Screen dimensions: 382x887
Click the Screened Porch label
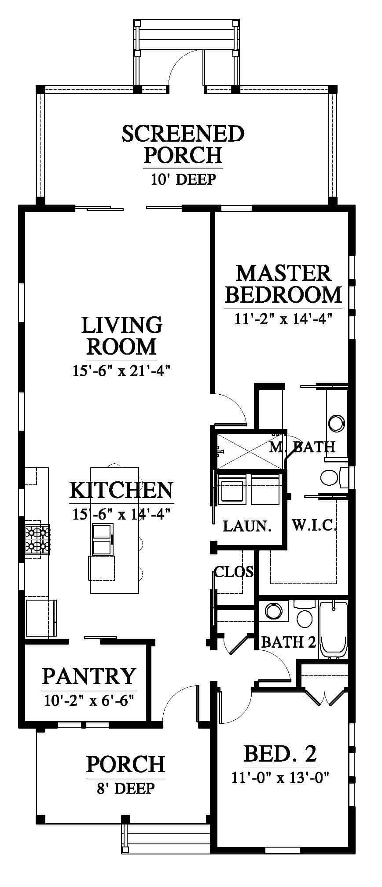tap(183, 144)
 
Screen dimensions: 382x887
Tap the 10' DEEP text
tap(183, 180)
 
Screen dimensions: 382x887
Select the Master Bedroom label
tap(283, 284)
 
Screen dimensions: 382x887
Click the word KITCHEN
tap(121, 490)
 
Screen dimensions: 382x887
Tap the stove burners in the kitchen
tap(38, 539)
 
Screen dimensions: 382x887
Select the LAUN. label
tap(247, 526)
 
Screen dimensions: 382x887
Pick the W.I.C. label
tap(315, 525)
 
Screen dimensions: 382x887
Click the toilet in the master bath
tap(330, 476)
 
